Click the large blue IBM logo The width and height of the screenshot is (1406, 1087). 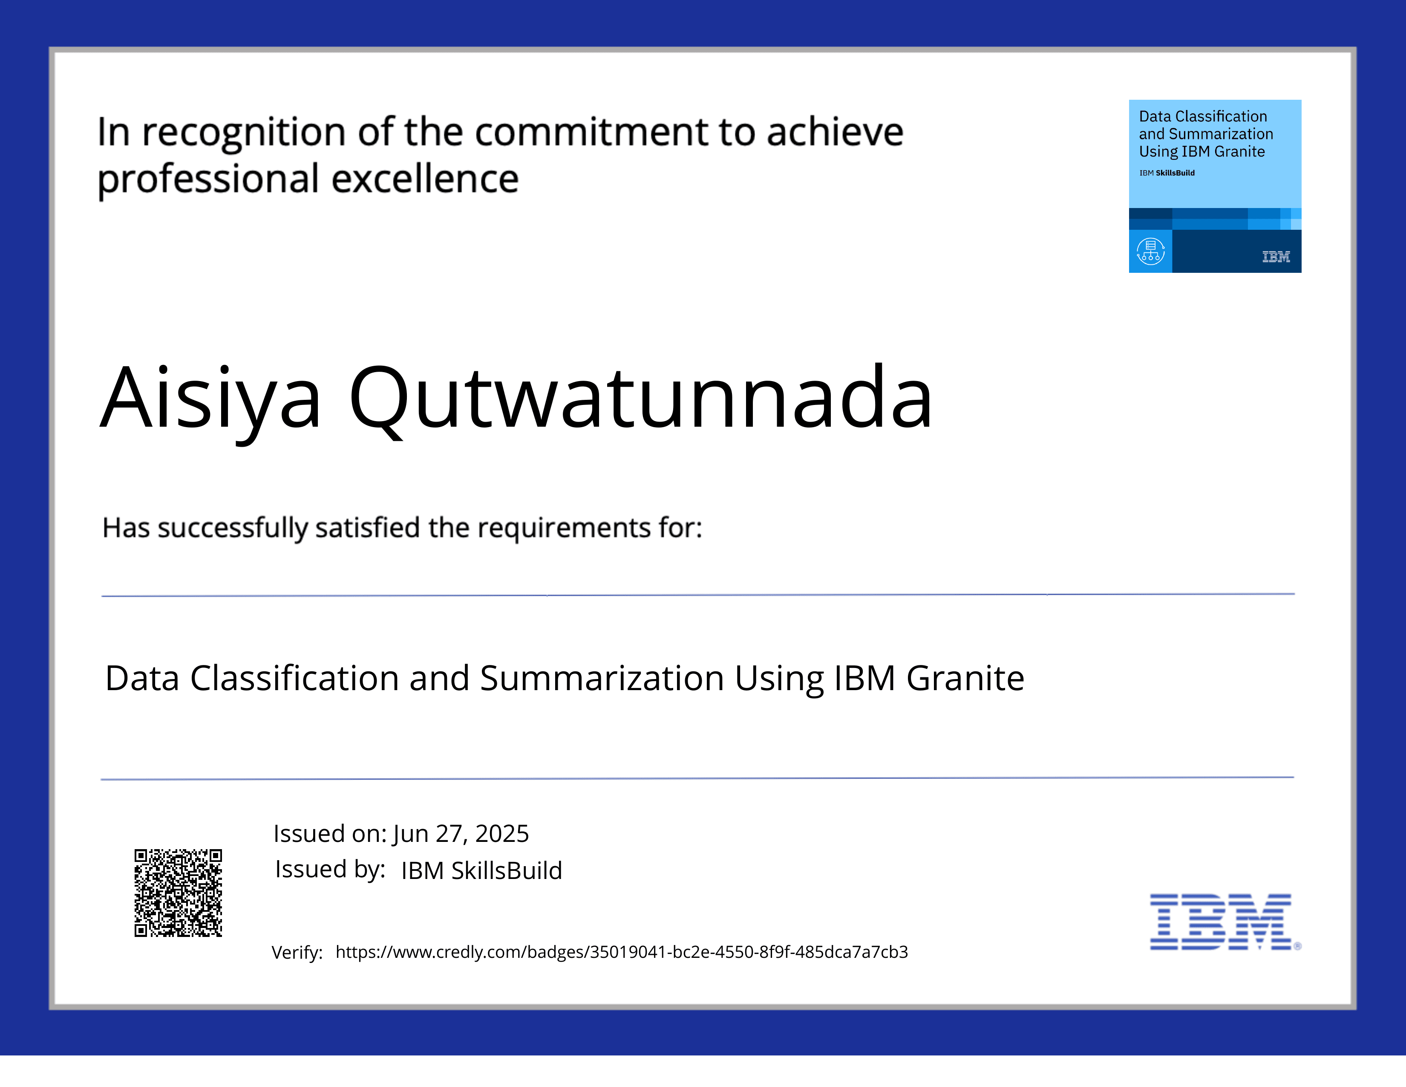pos(1221,922)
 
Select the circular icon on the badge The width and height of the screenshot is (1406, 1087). pos(1150,252)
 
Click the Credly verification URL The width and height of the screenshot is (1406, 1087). pos(621,952)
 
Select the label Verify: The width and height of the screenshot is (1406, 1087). pos(297,952)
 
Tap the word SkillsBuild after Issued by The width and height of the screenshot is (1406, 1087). pos(506,870)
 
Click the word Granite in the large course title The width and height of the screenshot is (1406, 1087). pos(965,678)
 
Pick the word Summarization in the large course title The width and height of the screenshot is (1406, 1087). pos(602,678)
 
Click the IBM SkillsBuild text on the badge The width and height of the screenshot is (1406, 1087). pos(1167,173)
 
